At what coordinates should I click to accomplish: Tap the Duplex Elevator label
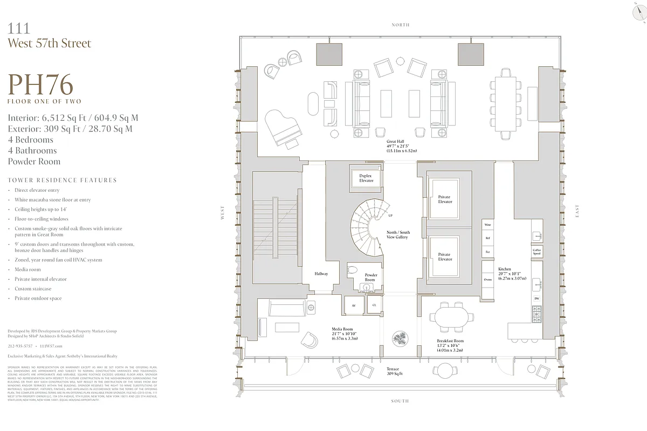click(x=366, y=178)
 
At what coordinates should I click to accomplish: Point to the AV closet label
click(x=354, y=305)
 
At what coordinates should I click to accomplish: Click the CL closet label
click(x=374, y=305)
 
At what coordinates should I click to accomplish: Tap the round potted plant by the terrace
click(x=400, y=338)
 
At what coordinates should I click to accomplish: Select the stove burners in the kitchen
click(x=537, y=314)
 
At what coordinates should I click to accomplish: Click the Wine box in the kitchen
click(x=487, y=224)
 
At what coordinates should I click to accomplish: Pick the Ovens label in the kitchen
click(x=487, y=280)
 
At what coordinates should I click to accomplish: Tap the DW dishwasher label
click(x=536, y=298)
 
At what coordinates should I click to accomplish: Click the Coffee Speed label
click(x=536, y=252)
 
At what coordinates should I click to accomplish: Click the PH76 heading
click(x=41, y=85)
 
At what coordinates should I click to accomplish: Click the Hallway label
click(x=321, y=274)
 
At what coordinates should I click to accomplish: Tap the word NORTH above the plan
click(x=401, y=25)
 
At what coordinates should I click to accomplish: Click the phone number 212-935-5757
click(x=20, y=346)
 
